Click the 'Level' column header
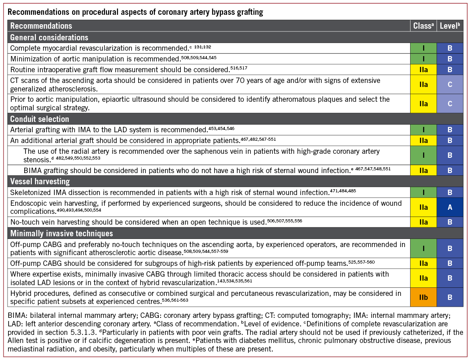450,26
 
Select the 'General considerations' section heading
49,37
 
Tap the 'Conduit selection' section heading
39,119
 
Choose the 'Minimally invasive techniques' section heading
61,233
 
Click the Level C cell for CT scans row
450,85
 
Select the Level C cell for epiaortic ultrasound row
450,103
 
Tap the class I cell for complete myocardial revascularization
424,48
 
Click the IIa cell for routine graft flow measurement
424,69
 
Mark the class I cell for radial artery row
424,155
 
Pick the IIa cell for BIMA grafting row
424,170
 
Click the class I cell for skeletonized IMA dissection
424,192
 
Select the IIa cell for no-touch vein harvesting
424,221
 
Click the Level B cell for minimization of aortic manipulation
450,58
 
